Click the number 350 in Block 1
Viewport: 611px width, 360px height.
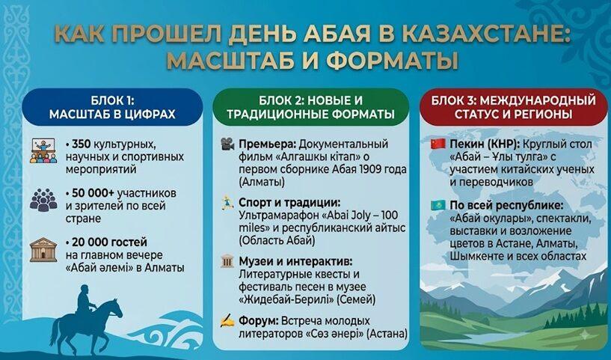81,144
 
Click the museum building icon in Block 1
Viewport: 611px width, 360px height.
43,250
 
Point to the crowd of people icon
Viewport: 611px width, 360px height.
43,199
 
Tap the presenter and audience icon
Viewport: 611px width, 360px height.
43,151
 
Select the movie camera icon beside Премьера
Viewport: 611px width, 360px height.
227,144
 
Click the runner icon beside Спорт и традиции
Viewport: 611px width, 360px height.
227,203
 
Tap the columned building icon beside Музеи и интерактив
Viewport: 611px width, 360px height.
227,261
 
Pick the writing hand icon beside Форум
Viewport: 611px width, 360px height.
227,321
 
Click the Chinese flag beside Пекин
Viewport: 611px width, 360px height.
437,144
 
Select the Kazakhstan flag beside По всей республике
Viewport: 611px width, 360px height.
437,205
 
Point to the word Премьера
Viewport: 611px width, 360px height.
268,144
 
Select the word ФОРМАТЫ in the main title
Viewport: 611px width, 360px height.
392,61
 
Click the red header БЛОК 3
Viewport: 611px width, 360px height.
453,101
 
